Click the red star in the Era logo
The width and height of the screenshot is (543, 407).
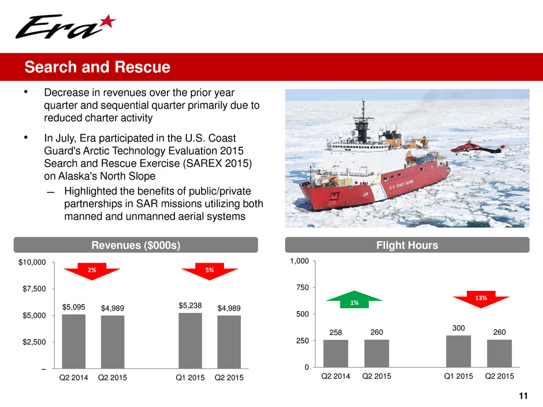click(108, 21)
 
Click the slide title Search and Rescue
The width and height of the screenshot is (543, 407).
click(97, 67)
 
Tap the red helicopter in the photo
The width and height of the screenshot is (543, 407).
click(478, 148)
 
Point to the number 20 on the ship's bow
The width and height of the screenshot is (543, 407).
click(365, 195)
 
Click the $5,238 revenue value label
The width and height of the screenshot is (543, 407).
click(190, 305)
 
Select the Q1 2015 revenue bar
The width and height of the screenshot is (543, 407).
click(190, 341)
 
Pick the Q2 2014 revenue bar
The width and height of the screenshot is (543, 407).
click(74, 341)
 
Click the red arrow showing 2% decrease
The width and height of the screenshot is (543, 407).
click(92, 271)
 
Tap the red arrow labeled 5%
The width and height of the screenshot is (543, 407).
click(210, 271)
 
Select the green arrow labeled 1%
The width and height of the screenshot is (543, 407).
click(354, 300)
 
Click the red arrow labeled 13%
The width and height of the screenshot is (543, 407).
click(481, 300)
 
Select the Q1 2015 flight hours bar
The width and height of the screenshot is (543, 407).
click(459, 351)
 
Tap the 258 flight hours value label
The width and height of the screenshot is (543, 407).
click(336, 333)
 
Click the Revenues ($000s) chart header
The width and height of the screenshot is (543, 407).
click(136, 245)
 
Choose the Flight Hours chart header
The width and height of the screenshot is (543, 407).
click(407, 245)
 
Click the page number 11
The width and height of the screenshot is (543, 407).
click(523, 396)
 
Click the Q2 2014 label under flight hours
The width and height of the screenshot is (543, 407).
click(336, 376)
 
